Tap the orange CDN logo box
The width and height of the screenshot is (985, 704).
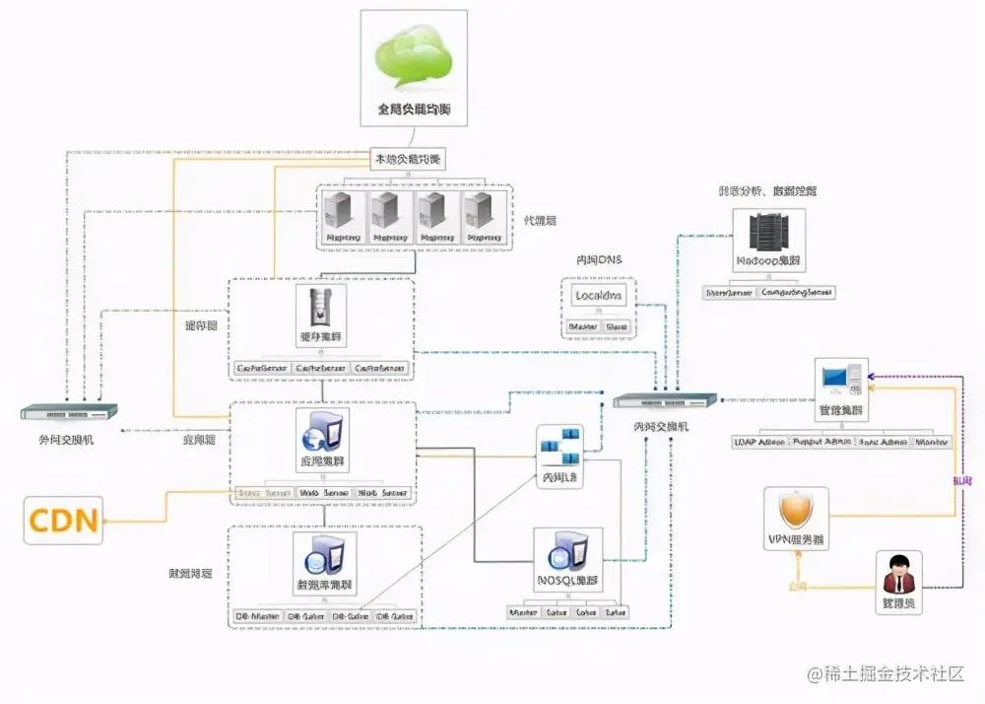point(65,521)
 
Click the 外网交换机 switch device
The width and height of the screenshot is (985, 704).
point(70,411)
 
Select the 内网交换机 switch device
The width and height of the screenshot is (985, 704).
point(664,400)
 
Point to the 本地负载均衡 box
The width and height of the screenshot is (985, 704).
point(407,159)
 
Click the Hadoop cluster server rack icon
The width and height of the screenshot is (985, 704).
point(767,232)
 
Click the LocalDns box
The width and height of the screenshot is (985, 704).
point(599,296)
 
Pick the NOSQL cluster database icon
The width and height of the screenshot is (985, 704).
point(568,552)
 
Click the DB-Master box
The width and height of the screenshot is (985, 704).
point(257,616)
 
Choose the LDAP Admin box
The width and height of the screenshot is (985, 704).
point(759,443)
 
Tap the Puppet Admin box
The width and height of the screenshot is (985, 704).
point(821,443)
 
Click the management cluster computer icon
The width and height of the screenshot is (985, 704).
point(840,378)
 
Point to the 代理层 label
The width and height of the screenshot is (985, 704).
point(540,220)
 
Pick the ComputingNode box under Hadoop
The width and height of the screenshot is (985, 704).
point(797,292)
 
